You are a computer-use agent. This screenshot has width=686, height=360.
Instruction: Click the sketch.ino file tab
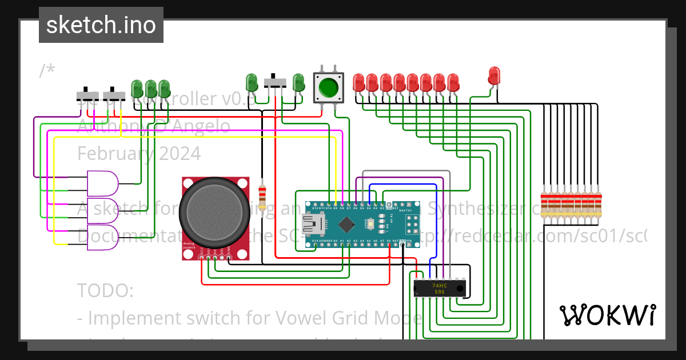(101, 25)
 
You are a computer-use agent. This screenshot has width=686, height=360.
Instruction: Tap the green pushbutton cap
(328, 87)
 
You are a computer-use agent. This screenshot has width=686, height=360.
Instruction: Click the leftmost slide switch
(86, 95)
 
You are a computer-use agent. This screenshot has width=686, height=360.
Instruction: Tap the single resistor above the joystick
(262, 198)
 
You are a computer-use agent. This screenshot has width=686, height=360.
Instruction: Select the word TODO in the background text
(105, 290)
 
